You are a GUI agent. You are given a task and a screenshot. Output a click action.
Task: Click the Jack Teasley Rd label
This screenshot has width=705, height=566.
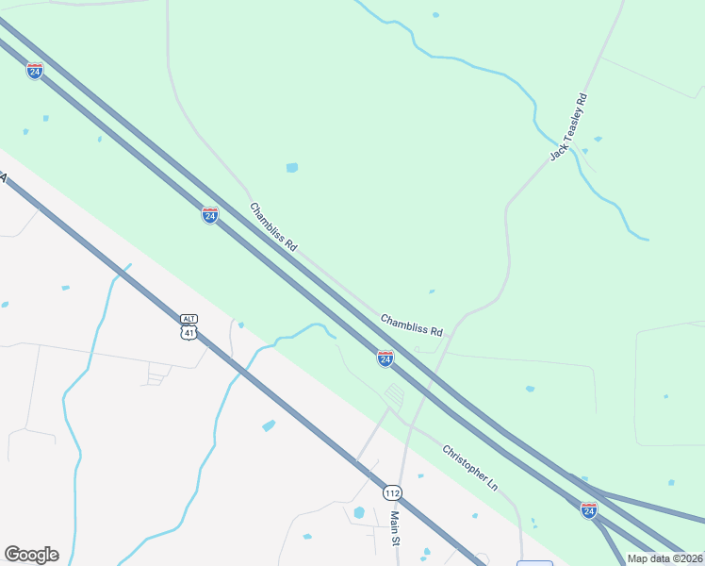coord(568,126)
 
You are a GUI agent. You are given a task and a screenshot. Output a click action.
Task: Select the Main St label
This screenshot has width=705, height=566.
coord(396,528)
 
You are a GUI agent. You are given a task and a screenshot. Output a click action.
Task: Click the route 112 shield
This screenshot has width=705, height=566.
coord(393,493)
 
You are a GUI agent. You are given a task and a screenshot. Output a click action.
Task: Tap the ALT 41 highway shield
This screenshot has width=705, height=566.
coord(189,326)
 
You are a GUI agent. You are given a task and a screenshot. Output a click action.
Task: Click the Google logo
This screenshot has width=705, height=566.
coord(31,555)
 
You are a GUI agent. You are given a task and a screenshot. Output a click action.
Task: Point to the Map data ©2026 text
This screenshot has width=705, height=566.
coord(664,558)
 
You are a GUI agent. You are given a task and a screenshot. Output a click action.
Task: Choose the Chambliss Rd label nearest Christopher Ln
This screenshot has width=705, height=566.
coord(412,325)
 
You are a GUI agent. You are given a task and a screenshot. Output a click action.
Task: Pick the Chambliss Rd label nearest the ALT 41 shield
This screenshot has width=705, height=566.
coord(273,226)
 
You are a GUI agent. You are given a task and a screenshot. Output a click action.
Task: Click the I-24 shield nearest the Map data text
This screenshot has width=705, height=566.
coord(589,510)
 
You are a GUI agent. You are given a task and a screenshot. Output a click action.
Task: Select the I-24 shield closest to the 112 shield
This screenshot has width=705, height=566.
coord(385,358)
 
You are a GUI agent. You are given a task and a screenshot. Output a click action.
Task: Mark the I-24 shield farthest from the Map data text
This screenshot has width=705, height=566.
coord(35,71)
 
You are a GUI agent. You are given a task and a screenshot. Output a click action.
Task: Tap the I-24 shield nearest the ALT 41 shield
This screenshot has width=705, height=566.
coord(210,215)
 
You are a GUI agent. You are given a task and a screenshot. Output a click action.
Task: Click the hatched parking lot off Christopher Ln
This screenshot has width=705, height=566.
coord(394,395)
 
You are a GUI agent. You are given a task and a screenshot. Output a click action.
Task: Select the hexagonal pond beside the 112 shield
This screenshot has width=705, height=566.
coord(359,513)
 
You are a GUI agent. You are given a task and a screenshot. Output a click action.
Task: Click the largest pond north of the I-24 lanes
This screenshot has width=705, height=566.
coord(292,168)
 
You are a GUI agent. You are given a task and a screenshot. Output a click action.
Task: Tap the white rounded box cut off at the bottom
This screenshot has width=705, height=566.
coord(534,563)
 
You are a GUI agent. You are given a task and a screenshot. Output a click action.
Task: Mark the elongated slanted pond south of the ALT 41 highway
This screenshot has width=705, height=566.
coord(269,425)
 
